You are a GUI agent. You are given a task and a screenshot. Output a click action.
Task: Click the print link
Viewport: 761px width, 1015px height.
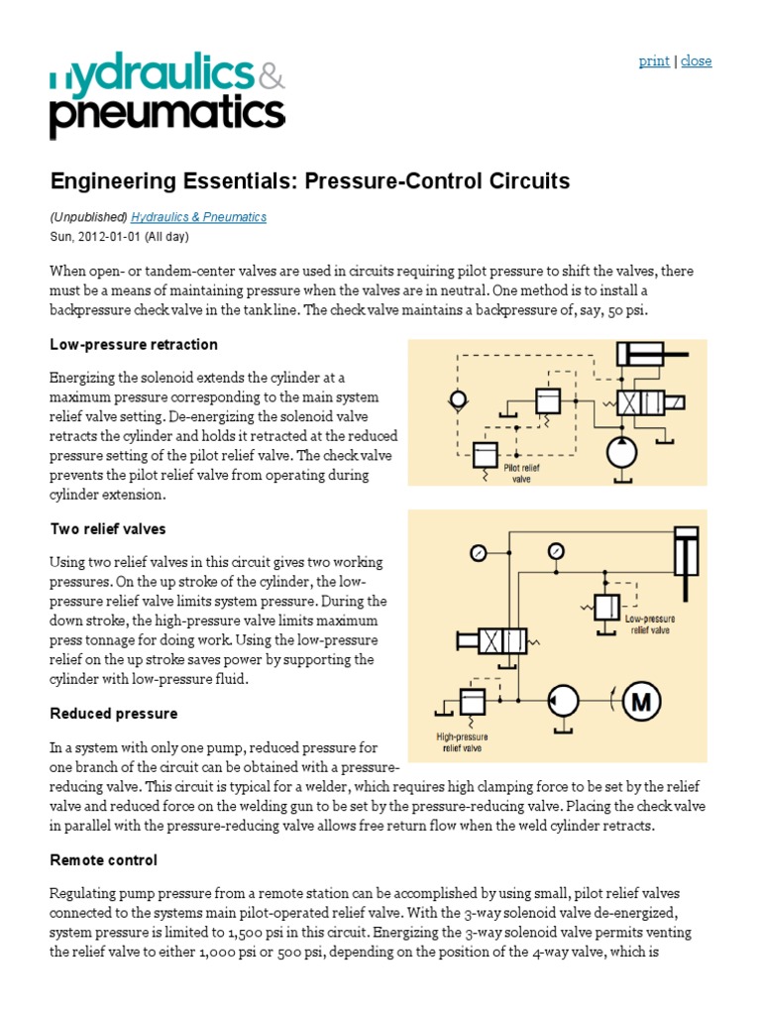pos(654,61)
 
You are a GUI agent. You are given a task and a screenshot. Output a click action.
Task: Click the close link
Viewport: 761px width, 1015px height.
pos(697,61)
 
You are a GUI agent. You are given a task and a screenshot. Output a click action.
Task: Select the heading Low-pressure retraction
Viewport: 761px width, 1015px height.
pos(134,344)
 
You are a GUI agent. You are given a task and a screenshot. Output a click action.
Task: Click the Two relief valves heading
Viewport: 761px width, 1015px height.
pos(108,528)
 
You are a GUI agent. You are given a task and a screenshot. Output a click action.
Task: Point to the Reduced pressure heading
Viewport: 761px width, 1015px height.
pos(114,714)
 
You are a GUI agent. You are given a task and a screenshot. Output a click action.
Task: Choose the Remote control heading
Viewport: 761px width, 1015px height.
pos(104,860)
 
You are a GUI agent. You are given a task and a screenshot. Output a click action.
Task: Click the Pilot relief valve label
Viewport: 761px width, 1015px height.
pos(522,470)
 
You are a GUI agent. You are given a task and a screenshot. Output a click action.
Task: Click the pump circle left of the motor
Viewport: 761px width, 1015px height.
pos(567,703)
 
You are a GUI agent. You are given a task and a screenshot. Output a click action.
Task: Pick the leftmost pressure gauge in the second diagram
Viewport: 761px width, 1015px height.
pos(480,553)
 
